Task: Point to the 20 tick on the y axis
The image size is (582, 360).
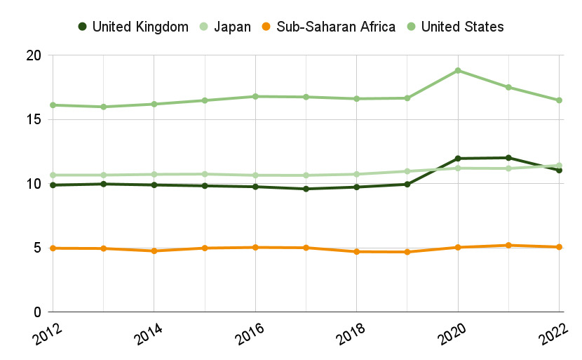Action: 34,55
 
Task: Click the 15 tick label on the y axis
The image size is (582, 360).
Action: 34,120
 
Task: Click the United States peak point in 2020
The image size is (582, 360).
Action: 458,70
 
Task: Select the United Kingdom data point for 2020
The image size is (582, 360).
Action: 458,159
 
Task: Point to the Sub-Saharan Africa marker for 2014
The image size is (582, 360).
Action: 154,251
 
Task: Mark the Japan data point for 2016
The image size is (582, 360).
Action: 255,175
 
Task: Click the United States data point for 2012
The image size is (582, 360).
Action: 53,105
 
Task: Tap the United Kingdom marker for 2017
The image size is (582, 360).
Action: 306,189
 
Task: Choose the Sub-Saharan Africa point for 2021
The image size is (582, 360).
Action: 508,246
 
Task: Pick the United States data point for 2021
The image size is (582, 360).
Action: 508,87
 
